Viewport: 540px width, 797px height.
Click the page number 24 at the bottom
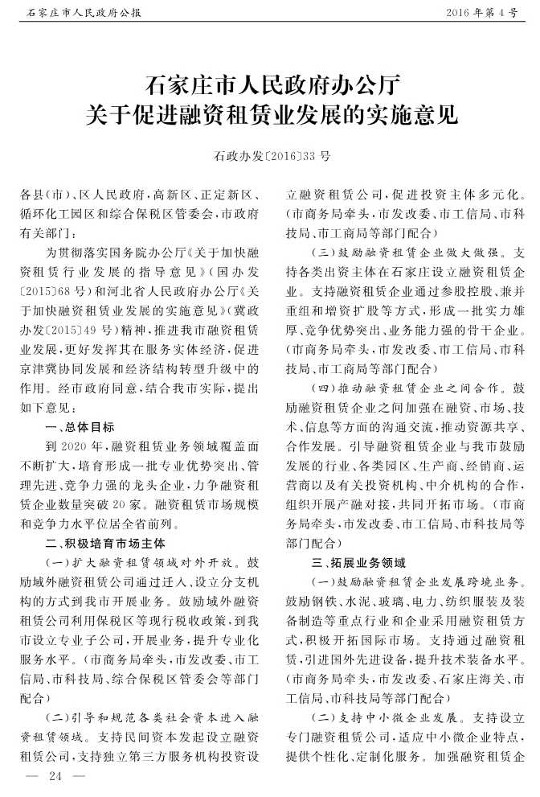click(x=55, y=776)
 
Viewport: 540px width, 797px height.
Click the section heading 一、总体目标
click(x=80, y=426)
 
